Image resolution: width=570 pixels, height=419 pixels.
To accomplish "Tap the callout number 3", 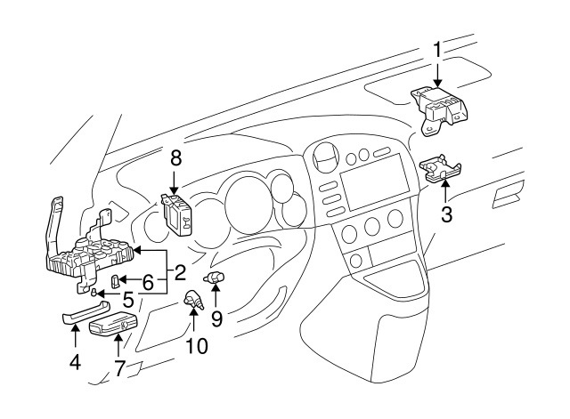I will pos(447,214).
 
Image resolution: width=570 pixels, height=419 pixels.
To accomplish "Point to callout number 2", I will pos(179,270).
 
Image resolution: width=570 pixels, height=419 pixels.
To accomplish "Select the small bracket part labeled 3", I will pos(442,169).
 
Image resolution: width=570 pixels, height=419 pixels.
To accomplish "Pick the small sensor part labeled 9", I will pos(216,280).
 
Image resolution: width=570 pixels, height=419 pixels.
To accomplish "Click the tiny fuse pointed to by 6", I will pos(116,281).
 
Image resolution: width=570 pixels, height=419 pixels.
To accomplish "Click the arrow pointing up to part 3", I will pos(446,191).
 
